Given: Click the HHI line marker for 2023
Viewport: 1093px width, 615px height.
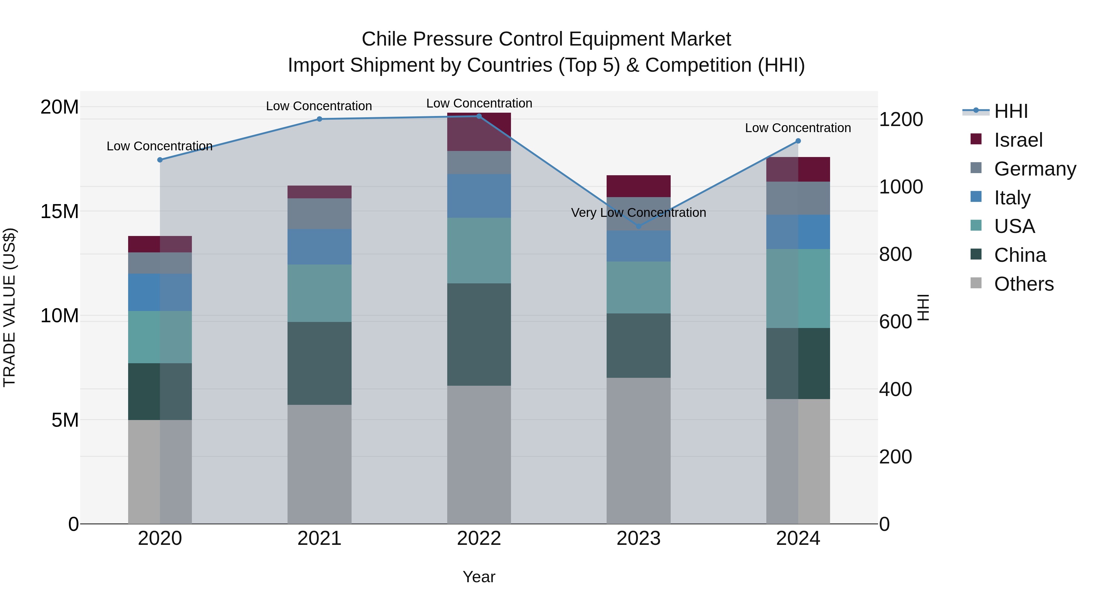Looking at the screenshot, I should [x=638, y=226].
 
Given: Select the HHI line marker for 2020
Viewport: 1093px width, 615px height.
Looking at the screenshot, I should [x=160, y=160].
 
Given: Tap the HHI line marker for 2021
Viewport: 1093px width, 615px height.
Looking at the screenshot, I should [x=319, y=119].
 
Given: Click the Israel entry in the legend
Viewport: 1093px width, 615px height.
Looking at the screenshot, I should [x=1018, y=140].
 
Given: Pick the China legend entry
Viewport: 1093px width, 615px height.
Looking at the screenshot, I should [x=1020, y=255].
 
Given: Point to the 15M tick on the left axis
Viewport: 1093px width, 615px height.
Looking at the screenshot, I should [x=60, y=211].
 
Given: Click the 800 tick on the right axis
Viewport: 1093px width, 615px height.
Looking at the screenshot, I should [x=895, y=254].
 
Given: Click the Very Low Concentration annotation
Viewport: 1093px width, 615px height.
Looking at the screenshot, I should [x=638, y=213].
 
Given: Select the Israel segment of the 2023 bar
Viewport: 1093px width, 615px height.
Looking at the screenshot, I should [x=638, y=186].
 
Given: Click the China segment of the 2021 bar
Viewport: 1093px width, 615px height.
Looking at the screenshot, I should [x=319, y=363].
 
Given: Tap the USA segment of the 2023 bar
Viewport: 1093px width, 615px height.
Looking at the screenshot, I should [x=638, y=287].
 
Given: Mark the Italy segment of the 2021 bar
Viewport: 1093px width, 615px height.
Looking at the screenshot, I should [x=319, y=247].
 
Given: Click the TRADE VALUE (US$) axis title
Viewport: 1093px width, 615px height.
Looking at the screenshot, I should [x=9, y=307].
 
